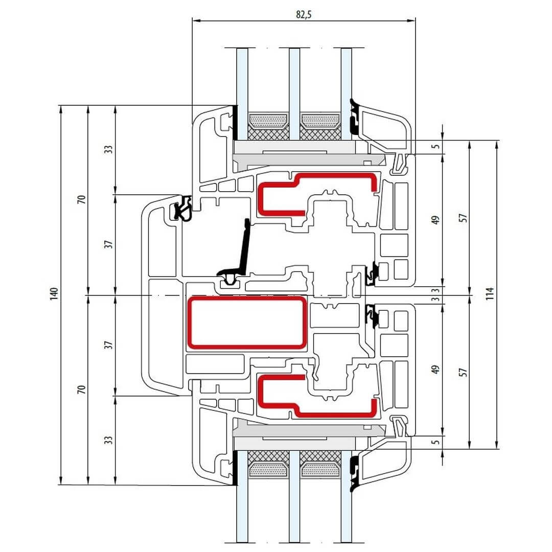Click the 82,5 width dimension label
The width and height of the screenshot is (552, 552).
304,14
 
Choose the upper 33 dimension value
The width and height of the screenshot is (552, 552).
108,149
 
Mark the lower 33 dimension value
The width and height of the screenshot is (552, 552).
108,440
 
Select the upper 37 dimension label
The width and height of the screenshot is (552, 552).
108,244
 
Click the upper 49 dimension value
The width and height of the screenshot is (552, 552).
435,220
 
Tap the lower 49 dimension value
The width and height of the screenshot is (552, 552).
435,370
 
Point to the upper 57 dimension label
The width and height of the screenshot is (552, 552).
463,217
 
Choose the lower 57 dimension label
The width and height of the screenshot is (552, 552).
463,372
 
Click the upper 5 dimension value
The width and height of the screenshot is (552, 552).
435,146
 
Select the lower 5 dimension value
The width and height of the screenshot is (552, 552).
435,443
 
